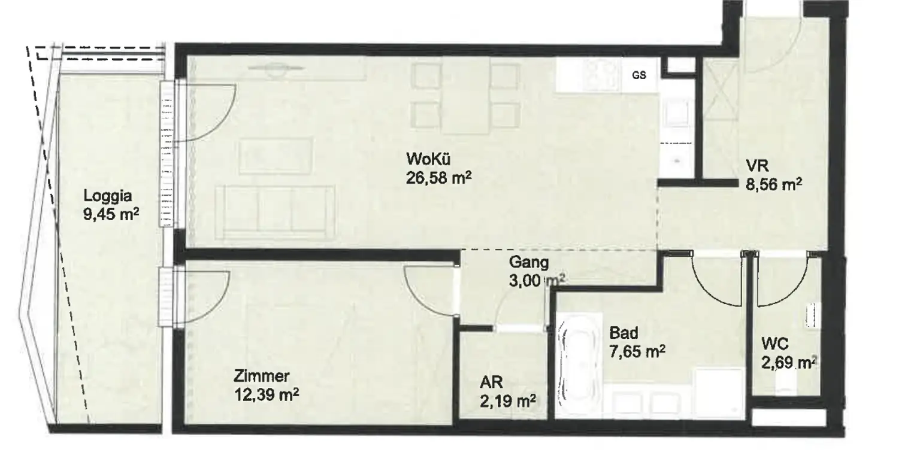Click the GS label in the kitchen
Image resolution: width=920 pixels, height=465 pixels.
pos(639,75)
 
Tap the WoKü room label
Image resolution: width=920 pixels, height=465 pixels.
pos(428,160)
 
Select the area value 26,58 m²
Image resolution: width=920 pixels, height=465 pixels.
pos(435,178)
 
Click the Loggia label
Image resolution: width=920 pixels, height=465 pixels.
pos(107,195)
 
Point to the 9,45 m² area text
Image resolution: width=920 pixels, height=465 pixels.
pos(111,214)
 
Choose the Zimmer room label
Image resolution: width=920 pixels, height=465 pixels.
pos(262,376)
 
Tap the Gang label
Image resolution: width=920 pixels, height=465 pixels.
pos(529,262)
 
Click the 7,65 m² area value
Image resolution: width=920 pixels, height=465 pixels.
pos(638,352)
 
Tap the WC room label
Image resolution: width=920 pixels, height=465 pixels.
pos(774,344)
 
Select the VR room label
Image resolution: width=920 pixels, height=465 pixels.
pos(756,166)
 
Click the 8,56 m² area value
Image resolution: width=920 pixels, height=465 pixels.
pos(774,184)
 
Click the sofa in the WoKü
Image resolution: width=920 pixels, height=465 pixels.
pos(275,212)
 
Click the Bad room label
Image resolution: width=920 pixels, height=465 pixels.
pos(624,333)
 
